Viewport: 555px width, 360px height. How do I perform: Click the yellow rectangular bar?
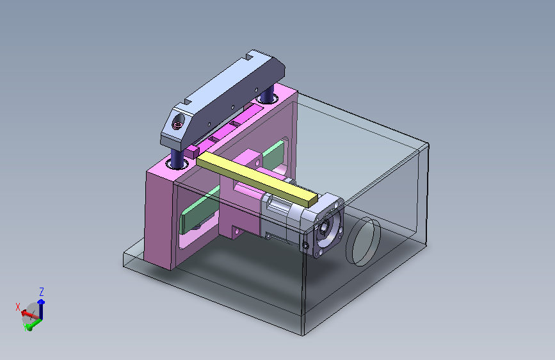(x=257, y=179)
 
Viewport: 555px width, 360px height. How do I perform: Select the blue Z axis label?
(x=42, y=292)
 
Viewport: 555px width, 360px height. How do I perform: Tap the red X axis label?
(x=18, y=307)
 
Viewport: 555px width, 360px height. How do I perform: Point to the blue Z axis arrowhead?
(x=41, y=302)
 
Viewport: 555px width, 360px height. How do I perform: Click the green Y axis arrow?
(x=34, y=324)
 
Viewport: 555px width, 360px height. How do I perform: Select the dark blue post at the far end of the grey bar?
(x=267, y=93)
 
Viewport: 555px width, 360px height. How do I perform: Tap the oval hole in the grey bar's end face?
(x=178, y=122)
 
